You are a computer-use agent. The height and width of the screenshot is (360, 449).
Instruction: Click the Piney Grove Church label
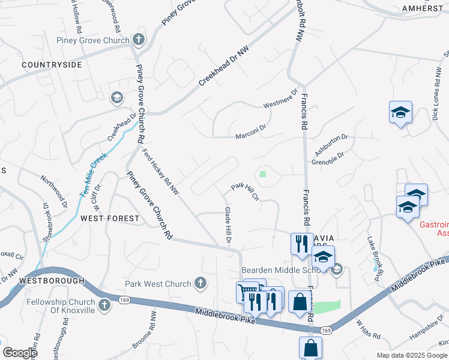92,41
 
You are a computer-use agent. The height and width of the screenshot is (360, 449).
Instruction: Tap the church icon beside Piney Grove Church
139,40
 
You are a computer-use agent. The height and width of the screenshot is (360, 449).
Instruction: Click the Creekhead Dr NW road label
223,67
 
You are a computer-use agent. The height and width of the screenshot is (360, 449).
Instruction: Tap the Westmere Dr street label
280,100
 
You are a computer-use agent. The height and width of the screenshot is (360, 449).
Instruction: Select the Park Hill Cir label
244,191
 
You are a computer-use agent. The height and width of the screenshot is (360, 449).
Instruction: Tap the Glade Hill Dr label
228,224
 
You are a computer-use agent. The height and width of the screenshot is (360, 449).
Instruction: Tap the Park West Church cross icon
200,283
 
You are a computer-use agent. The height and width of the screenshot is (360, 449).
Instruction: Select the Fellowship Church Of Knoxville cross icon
104,305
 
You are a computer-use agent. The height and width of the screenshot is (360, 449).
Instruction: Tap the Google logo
20,353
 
